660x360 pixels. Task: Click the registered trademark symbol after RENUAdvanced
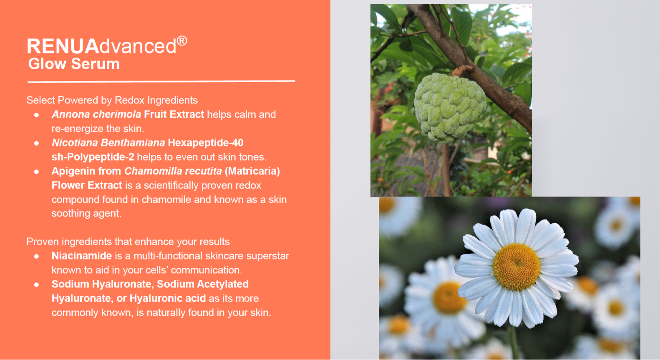pos(182,41)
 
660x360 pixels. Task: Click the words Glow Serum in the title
pos(74,64)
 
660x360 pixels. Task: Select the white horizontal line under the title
pos(161,81)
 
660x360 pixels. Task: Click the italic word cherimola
pos(117,114)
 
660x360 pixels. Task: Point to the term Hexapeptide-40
pos(206,143)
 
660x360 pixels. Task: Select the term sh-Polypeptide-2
pos(93,157)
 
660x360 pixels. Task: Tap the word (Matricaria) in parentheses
pos(252,171)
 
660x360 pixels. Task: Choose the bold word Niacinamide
pos(82,256)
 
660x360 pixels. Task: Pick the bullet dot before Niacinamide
pos(37,256)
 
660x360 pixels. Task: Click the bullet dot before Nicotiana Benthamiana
pos(37,143)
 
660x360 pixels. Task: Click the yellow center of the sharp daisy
pos(516,267)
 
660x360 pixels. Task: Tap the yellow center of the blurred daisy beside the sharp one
pos(448,297)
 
